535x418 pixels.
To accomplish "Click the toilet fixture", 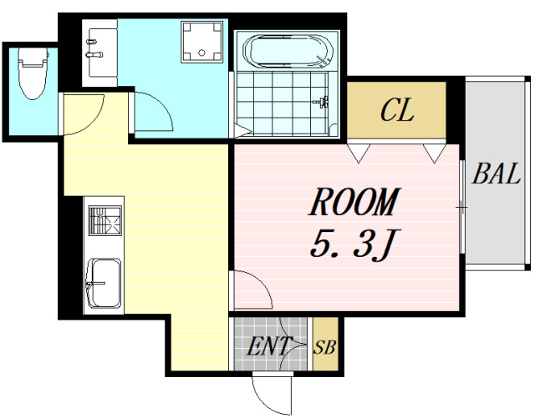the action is [33, 73].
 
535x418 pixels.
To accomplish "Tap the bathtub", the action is [288, 51].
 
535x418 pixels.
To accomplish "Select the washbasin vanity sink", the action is [99, 53].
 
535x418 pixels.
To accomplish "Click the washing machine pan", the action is [202, 42].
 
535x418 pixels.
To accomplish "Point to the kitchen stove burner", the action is [105, 220].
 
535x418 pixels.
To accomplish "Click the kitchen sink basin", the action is [104, 284].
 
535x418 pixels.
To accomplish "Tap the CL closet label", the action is [397, 110].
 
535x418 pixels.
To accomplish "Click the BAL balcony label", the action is [497, 174].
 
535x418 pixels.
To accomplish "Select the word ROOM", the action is [354, 202].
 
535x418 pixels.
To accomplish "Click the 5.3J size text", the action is [353, 244].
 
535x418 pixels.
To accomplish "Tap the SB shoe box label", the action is [325, 347].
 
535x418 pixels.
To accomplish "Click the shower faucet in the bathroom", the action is [322, 101].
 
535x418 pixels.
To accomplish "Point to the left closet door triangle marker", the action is [359, 153].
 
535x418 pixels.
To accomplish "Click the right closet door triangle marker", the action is [435, 153].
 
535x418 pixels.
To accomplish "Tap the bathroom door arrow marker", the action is [243, 130].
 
